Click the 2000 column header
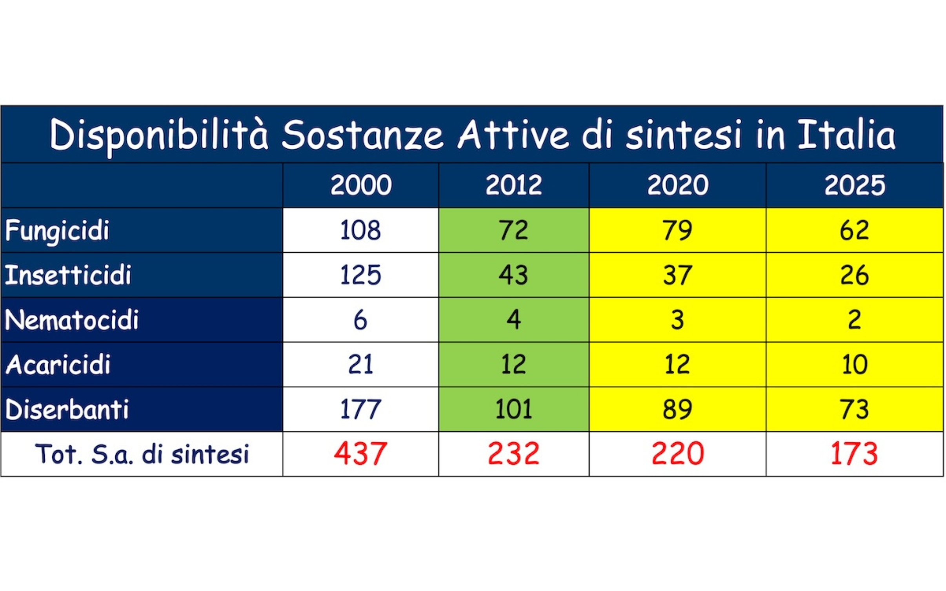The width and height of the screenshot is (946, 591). (x=360, y=185)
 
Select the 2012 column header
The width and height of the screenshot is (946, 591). (x=513, y=185)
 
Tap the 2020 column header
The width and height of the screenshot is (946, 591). (x=677, y=185)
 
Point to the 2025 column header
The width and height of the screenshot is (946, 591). (x=854, y=185)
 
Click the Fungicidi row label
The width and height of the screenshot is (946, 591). (x=57, y=231)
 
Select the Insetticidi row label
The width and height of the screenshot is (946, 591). (x=68, y=275)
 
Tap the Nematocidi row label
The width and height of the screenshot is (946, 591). (x=72, y=320)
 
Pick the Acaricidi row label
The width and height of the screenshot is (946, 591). (x=58, y=365)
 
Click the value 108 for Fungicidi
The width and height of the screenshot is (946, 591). (x=360, y=230)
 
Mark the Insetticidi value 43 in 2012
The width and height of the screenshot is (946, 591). (x=513, y=275)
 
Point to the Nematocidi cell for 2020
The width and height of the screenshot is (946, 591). (x=677, y=320)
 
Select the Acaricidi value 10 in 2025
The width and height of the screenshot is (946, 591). (x=854, y=365)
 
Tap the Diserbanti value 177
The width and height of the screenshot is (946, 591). (x=360, y=409)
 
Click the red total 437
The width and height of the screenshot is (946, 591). (x=360, y=454)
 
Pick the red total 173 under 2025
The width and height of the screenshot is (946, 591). (x=854, y=454)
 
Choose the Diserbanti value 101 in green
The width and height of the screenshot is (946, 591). (x=513, y=409)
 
